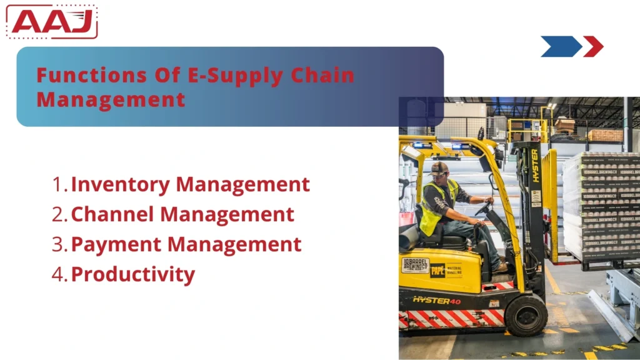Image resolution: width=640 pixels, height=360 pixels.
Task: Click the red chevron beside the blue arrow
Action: pos(593,46)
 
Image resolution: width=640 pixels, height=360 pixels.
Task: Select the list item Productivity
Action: pos(132,274)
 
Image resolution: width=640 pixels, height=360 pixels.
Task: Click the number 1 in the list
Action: pos(58,185)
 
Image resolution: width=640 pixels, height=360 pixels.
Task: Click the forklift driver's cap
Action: pos(440,167)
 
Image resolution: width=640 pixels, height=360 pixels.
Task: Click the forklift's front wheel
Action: pos(526,316)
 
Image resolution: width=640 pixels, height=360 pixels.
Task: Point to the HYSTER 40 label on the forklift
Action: pos(437,301)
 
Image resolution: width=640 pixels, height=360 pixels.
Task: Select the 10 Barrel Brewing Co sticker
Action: pos(415,265)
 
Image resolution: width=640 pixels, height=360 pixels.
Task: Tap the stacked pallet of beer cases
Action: pos(601,206)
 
